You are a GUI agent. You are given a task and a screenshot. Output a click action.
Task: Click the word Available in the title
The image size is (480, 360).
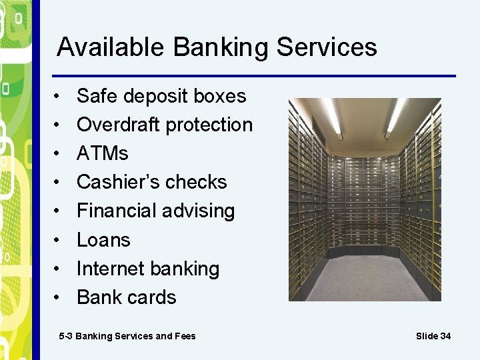coord(111,47)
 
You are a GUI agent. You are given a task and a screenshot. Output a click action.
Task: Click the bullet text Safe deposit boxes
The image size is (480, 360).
coord(161,96)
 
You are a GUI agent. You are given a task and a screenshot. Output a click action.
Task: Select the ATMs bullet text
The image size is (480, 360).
coord(102,153)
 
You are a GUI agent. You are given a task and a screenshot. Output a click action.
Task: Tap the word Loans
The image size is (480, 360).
coord(103,240)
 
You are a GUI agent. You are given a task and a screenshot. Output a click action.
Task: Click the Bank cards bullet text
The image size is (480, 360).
coord(126,297)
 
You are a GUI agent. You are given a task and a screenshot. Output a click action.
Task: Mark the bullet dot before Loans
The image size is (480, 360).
coord(59,240)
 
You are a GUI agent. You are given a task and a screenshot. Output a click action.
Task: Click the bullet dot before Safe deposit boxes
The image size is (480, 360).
coord(59,96)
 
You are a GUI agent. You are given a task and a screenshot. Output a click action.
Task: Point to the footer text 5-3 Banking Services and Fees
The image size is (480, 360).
coord(127,336)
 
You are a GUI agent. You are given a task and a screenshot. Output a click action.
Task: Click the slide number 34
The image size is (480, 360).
coord(445,336)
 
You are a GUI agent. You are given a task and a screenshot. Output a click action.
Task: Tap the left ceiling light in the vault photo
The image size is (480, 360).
coord(332,117)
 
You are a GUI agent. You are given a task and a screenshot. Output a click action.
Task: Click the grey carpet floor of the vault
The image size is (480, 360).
coord(365,277)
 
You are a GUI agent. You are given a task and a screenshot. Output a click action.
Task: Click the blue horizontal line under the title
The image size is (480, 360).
coord(253,75)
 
